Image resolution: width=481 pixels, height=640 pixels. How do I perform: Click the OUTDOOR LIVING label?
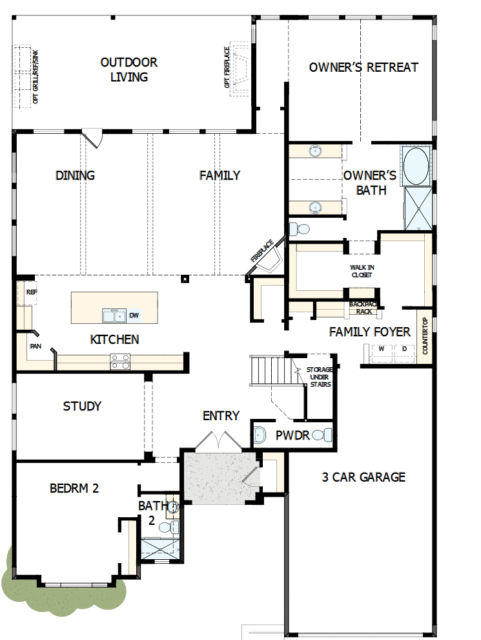pos(129,70)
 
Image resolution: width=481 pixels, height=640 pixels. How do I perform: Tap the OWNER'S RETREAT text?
pos(363,67)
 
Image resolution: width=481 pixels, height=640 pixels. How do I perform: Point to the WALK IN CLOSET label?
pos(362,271)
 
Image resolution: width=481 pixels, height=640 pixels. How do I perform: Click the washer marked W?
pos(381,350)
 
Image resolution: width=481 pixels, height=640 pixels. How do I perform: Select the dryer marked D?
pos(404,350)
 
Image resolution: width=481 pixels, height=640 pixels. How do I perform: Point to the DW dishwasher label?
pos(134,315)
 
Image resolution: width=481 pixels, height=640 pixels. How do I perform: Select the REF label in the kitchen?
pos(31,292)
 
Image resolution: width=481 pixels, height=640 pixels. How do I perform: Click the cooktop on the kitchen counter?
pos(119,361)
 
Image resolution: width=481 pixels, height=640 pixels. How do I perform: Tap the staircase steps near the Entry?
pos(266,370)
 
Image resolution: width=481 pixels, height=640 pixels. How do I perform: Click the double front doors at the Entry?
pos(218,442)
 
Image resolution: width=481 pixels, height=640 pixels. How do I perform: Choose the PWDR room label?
pos(292,435)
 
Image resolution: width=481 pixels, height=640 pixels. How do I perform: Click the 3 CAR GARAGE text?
pos(363,477)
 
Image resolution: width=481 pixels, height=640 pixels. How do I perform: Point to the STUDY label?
pos(82,407)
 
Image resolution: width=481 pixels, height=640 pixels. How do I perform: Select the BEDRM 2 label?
pos(74,488)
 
